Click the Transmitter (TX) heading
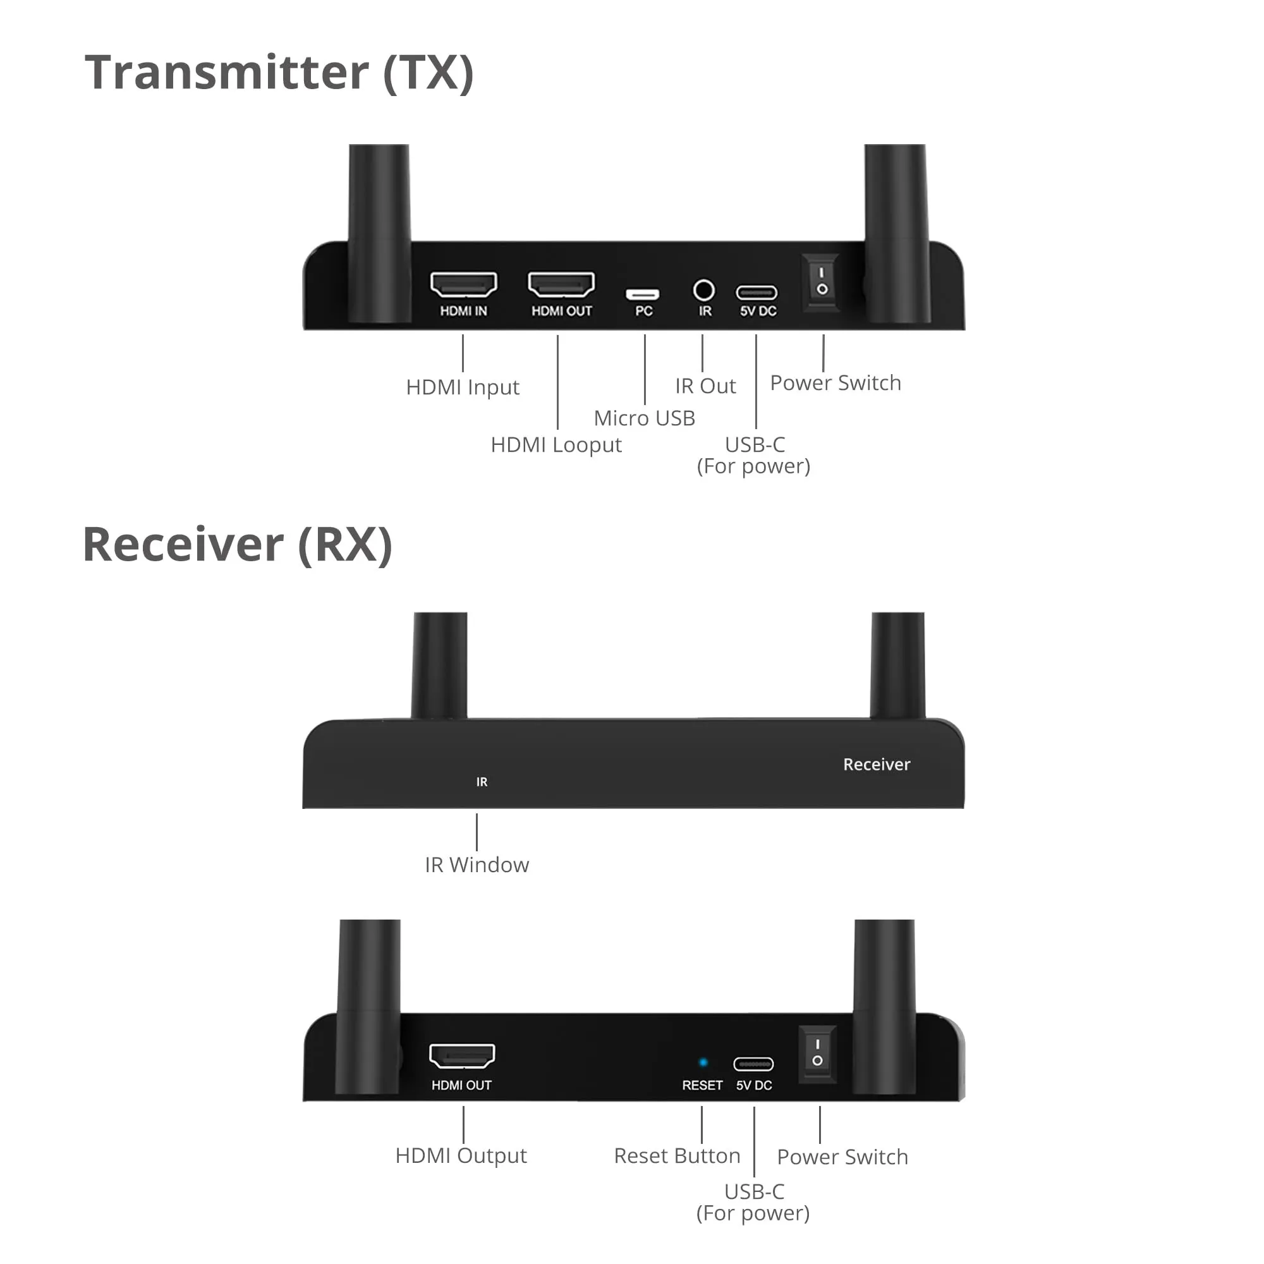279,73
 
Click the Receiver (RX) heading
238,544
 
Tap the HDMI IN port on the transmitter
463,284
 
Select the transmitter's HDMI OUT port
561,284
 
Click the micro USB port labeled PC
643,294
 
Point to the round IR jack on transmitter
704,290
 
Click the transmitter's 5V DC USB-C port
757,293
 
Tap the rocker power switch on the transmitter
822,281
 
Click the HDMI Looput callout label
556,445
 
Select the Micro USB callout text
645,418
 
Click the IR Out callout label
705,386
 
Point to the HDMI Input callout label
463,387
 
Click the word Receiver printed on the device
876,764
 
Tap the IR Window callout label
477,865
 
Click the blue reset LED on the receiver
703,1063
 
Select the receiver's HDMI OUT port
462,1056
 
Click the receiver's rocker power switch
817,1053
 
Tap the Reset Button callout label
677,1156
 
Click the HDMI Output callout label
461,1156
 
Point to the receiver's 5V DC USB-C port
754,1064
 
